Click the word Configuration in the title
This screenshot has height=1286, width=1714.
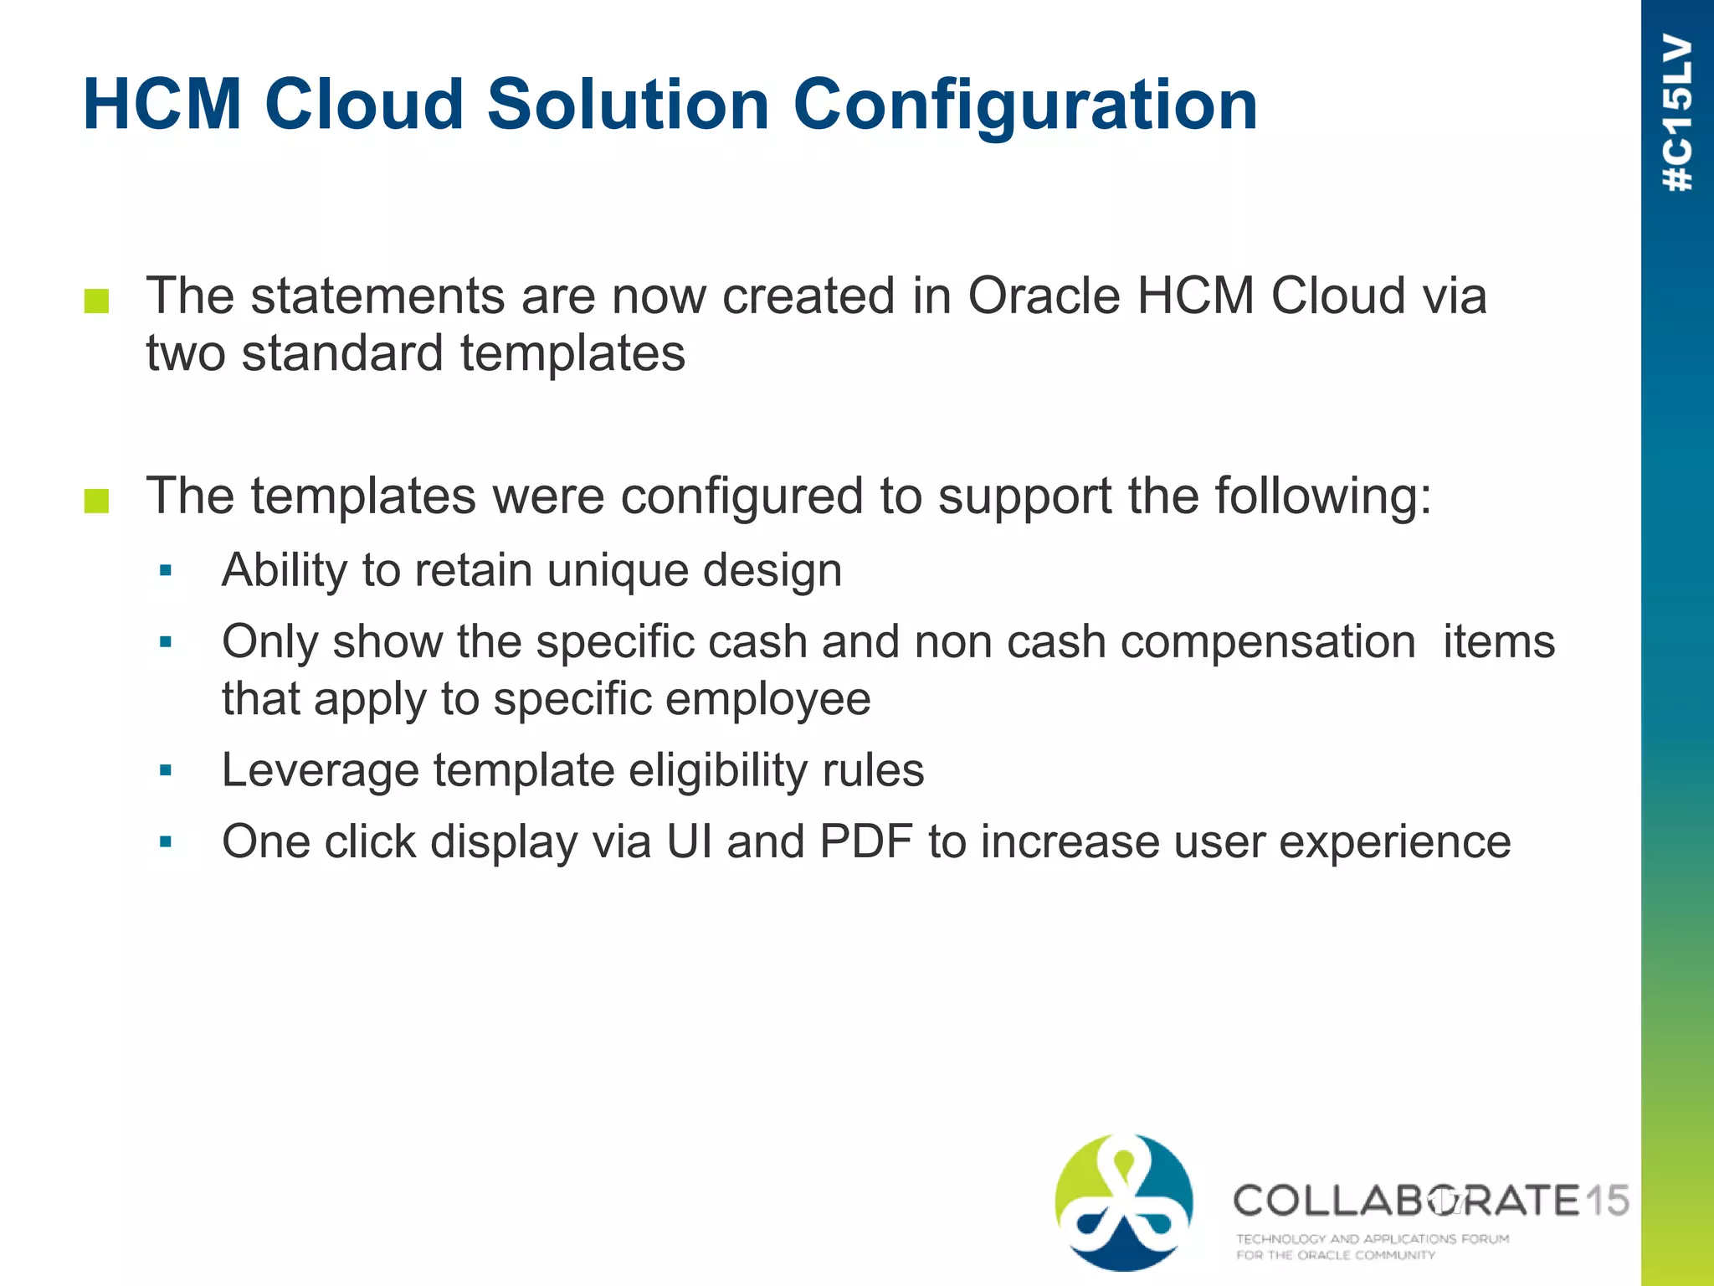pos(1024,107)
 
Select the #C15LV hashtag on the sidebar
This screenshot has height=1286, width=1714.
pos(1677,113)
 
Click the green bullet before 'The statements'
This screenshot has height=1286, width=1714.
pos(97,301)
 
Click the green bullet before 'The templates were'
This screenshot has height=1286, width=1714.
pos(97,501)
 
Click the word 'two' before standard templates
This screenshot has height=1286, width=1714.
pos(185,353)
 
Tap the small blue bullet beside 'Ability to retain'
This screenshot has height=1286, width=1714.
pos(166,572)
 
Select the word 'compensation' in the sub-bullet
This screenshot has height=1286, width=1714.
pos(1267,643)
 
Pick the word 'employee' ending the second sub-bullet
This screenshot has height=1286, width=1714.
pos(765,700)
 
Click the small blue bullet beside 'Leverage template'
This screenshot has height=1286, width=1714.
pos(166,770)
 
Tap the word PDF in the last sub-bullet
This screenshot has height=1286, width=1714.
pos(865,842)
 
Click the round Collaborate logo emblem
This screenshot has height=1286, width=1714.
pos(1124,1202)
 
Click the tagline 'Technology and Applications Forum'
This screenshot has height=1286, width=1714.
pos(1373,1238)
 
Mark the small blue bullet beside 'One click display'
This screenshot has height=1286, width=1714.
pos(166,842)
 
